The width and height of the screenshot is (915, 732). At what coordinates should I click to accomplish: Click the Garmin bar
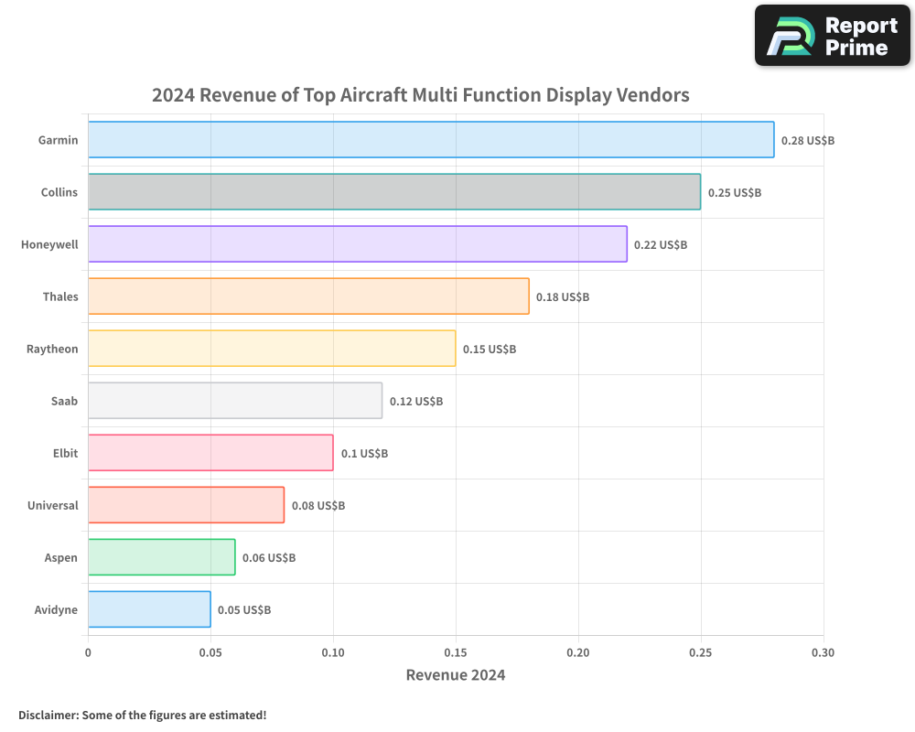[430, 140]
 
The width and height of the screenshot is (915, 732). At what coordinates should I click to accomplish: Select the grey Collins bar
[393, 192]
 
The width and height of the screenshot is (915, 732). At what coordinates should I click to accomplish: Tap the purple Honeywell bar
[357, 244]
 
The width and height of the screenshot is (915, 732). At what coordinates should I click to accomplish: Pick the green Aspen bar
[161, 557]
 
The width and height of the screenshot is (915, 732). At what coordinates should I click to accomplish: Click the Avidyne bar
[149, 609]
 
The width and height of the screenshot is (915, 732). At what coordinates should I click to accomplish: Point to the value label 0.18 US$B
[562, 296]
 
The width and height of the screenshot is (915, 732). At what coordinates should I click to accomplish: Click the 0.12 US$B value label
[415, 401]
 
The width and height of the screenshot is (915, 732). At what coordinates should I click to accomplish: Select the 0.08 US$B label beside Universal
[318, 505]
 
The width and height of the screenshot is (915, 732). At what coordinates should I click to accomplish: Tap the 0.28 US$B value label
[807, 140]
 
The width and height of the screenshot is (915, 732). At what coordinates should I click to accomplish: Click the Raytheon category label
[52, 349]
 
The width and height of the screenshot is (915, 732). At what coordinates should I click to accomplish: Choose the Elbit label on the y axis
[65, 453]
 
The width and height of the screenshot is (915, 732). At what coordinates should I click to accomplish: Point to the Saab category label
[64, 401]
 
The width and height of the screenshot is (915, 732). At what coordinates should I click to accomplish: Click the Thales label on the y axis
[60, 296]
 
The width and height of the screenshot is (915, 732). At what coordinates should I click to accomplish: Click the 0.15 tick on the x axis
[456, 652]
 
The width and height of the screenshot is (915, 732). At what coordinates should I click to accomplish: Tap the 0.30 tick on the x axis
[823, 652]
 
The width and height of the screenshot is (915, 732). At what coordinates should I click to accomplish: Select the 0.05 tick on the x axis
[210, 652]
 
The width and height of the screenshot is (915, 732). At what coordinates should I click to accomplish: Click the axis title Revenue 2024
[455, 675]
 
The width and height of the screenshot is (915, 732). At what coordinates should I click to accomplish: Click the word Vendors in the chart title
[652, 94]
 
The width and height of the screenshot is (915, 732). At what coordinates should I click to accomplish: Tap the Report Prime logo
[832, 36]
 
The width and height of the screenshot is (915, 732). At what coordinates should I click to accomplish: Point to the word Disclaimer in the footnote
[48, 715]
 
